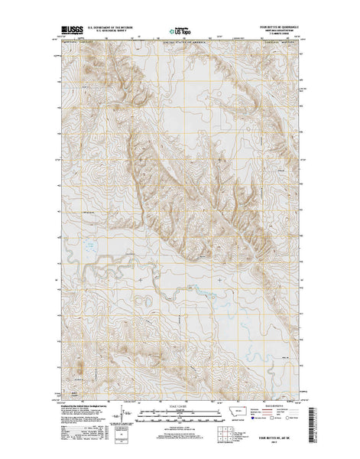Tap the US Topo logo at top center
[x=181, y=30]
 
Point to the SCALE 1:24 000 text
[x=180, y=406]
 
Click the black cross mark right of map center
[x=222, y=279]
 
